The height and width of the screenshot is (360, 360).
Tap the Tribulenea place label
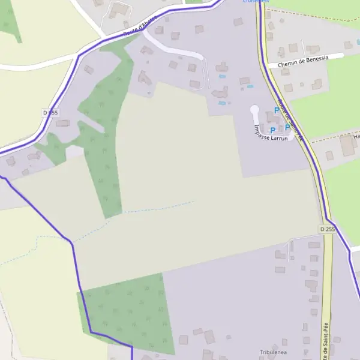click(x=273, y=352)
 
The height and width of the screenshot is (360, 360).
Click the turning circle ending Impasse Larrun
click(x=254, y=110)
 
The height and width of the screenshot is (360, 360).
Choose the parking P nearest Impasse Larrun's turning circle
click(x=277, y=110)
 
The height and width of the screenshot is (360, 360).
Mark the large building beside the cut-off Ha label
click(x=347, y=146)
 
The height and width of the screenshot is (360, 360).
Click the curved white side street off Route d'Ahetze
click(x=180, y=51)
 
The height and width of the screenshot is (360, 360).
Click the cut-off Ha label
click(x=356, y=136)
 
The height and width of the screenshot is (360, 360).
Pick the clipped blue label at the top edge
click(x=256, y=2)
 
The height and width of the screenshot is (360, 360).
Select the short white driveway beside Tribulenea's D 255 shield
click(x=300, y=239)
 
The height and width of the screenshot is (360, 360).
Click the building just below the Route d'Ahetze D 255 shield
click(x=62, y=124)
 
